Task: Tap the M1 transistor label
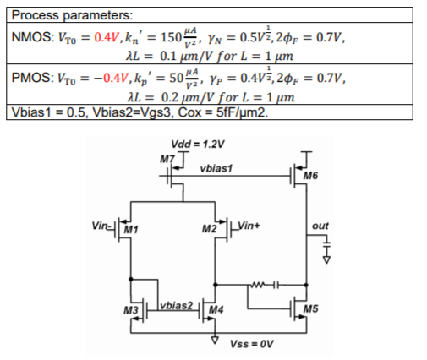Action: (129, 229)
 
